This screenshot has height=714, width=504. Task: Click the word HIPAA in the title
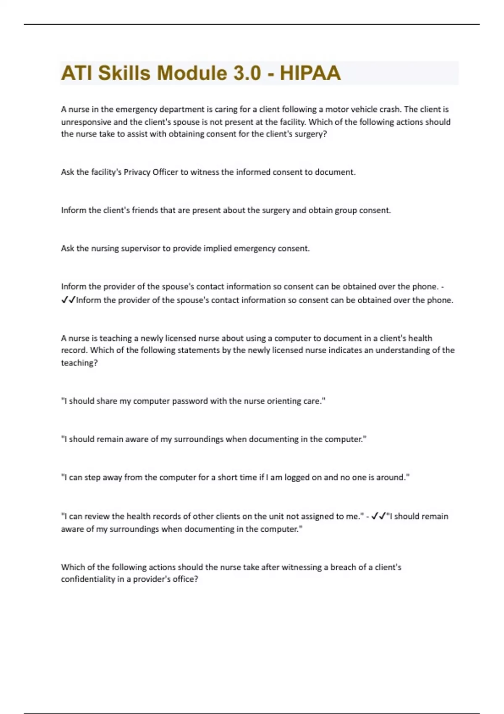pos(310,73)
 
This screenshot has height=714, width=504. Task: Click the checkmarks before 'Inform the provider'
pos(68,300)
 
